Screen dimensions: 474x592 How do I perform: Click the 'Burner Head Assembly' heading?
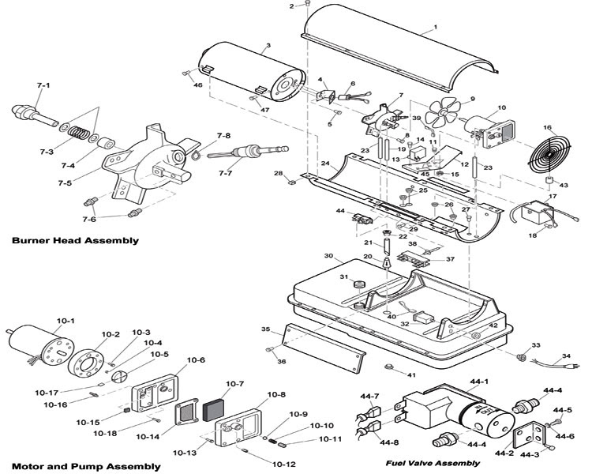tap(75, 240)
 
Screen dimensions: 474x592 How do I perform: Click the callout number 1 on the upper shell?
tap(434, 27)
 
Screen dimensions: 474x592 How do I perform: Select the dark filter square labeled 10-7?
tap(213, 409)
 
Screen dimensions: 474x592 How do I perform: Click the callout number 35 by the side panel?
tap(266, 329)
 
